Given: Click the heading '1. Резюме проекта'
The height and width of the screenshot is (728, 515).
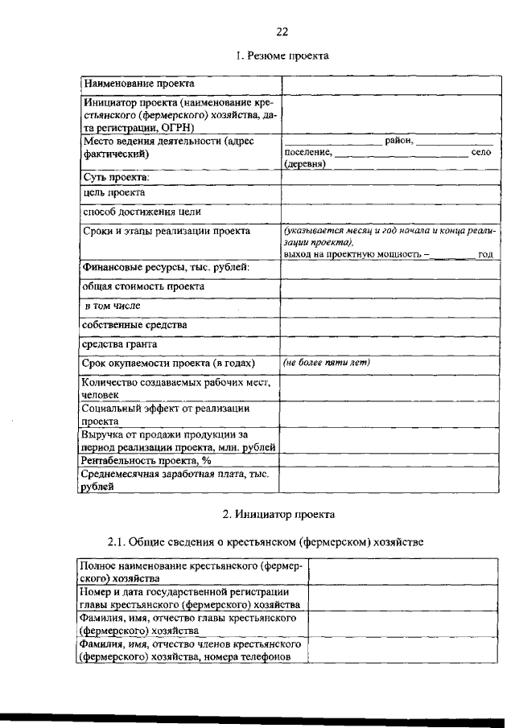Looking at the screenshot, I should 282,56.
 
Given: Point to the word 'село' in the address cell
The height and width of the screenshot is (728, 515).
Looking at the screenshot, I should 480,151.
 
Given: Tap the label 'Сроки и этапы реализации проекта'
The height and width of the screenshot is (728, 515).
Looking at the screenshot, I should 167,231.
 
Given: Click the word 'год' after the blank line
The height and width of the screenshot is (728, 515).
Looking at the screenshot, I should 485,253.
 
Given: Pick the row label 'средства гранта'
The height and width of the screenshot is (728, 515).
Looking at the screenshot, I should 118,344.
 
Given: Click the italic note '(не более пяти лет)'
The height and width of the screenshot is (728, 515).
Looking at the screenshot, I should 325,363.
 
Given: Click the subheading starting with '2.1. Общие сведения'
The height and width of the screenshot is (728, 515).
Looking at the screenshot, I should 266,542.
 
